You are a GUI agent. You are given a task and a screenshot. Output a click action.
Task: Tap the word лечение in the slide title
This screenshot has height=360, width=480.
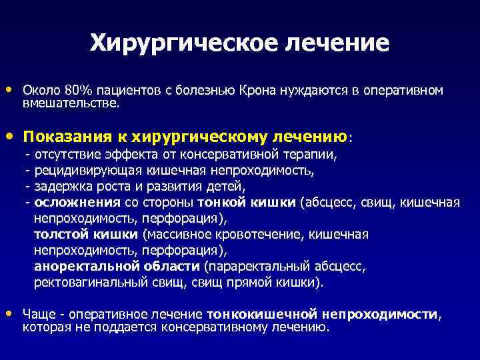337,43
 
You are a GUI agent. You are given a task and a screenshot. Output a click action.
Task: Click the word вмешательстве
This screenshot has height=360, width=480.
71,103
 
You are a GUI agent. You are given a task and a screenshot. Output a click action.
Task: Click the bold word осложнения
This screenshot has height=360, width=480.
77,203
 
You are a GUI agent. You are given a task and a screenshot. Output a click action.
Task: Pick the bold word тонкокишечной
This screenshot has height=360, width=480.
262,315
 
